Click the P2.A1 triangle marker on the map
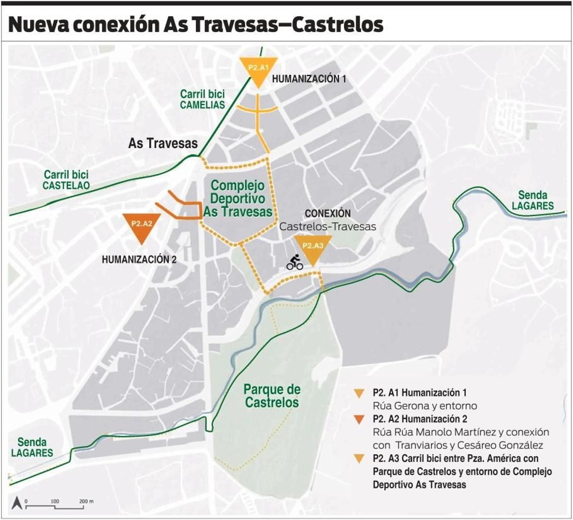pos(258,70)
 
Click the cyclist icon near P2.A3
pos(295,263)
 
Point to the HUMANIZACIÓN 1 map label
pos(309,79)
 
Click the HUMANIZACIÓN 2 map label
pos(139,259)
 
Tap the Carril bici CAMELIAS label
pos(202,100)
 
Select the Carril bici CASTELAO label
pos(66,180)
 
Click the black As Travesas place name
pos(163,143)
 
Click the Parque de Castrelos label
pos(272,396)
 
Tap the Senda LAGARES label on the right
pos(533,200)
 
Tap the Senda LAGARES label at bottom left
pos(32,447)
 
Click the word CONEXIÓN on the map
pos(327,213)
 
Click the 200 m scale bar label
pos(86,501)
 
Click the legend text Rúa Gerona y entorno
pos(425,406)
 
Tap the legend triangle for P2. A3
pos(358,459)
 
